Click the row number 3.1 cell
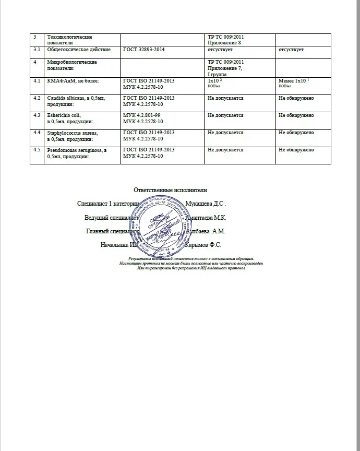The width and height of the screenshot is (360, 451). click(37, 50)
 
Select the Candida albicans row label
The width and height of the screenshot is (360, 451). click(71, 101)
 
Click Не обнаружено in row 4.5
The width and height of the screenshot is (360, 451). click(296, 150)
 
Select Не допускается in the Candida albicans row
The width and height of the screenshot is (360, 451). click(225, 98)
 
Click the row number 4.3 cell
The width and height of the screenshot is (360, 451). click(37, 115)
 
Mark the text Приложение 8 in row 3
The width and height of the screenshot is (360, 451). click(224, 42)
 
